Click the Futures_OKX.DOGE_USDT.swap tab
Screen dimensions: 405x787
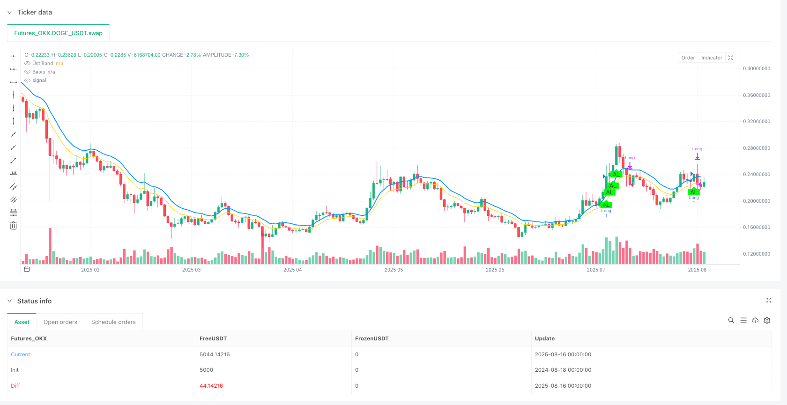[58, 33]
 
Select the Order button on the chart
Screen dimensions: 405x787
[688, 58]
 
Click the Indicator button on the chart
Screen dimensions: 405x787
[712, 58]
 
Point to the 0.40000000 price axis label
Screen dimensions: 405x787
[757, 68]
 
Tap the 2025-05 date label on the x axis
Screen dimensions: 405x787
[393, 270]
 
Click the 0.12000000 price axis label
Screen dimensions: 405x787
[757, 254]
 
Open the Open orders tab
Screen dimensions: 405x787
[60, 322]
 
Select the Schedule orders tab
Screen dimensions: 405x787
[113, 322]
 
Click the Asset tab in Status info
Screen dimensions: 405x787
[22, 322]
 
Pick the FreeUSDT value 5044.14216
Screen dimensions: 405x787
[215, 354]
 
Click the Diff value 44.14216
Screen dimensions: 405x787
[211, 386]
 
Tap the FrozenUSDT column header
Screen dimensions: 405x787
[371, 339]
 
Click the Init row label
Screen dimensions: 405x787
[15, 370]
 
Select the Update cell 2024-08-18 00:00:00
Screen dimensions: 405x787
[563, 370]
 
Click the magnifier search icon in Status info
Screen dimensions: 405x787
[731, 320]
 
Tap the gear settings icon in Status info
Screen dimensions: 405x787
[767, 320]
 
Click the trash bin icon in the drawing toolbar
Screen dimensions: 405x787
[14, 226]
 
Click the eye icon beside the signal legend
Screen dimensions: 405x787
[28, 81]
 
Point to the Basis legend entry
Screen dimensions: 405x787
[38, 72]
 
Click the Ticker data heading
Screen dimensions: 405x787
[34, 12]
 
